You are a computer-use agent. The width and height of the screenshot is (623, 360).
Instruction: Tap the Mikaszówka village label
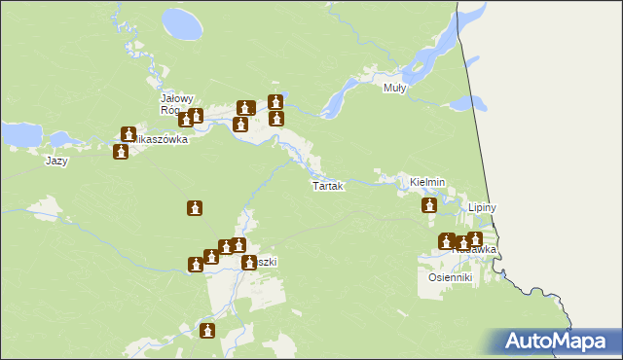(x=159, y=139)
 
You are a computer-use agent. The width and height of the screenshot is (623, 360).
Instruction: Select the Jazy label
(x=56, y=161)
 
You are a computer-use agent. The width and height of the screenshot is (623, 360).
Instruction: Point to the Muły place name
(x=395, y=88)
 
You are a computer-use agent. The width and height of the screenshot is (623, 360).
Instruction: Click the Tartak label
(x=327, y=185)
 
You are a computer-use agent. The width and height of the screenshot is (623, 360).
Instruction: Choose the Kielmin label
(x=427, y=182)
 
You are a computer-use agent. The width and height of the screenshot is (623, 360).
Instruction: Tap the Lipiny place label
(x=483, y=208)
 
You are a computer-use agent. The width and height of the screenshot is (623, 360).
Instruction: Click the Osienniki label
(x=450, y=277)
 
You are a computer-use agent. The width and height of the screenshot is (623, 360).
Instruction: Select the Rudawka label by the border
(x=477, y=250)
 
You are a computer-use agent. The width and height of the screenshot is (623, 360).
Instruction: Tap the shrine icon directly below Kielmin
(x=429, y=205)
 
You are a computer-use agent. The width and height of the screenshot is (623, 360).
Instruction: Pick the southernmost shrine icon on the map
(x=207, y=331)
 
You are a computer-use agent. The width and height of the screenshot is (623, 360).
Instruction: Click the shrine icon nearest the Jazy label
(x=121, y=151)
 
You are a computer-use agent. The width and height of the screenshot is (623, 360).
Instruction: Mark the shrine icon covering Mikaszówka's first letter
(x=128, y=134)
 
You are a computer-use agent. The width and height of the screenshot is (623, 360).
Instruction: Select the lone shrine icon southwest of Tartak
(x=196, y=208)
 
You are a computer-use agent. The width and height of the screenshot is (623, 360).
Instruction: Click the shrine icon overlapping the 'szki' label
(x=249, y=262)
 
